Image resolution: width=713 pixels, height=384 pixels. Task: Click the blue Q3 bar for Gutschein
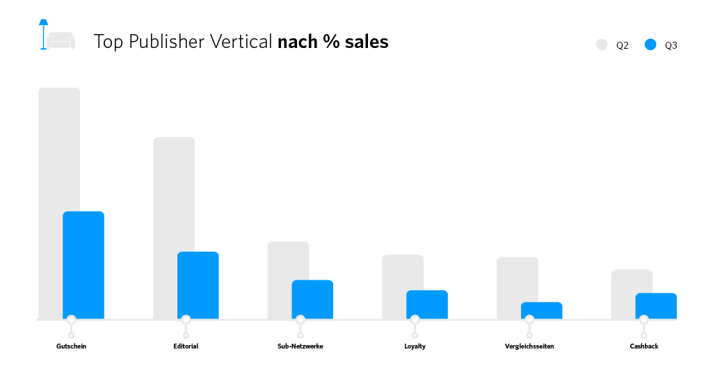tap(83, 264)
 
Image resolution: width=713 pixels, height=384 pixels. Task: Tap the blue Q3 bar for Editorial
tap(198, 285)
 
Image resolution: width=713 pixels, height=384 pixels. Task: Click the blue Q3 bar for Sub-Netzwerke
tap(312, 299)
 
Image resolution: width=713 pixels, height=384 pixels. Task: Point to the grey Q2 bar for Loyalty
tap(394, 271)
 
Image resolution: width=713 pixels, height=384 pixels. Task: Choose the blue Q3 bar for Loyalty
tap(427, 304)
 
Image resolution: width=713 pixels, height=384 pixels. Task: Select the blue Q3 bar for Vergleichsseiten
tap(541, 310)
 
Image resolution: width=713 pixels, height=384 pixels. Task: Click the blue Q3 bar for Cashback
tap(656, 305)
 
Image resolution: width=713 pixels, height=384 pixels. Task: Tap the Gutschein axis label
tap(71, 346)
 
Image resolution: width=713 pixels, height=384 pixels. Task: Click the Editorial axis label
tap(186, 346)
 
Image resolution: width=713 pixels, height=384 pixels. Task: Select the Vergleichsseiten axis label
tap(529, 346)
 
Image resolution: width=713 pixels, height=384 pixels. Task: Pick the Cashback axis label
tap(644, 346)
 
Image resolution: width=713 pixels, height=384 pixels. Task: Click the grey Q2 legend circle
tap(602, 45)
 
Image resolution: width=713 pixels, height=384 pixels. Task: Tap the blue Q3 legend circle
tap(650, 45)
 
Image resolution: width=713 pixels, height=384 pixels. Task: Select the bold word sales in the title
tap(367, 42)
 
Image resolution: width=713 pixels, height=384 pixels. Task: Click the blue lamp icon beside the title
tap(44, 34)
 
